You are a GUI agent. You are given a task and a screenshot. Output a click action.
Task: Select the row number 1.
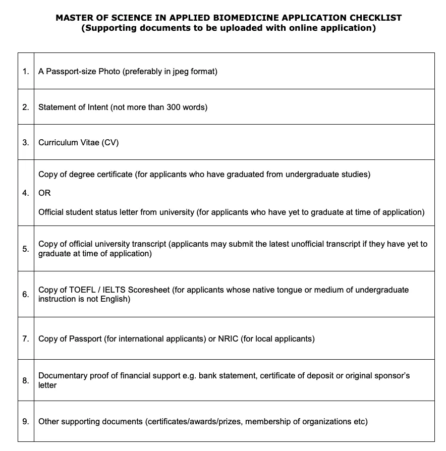coord(25,71)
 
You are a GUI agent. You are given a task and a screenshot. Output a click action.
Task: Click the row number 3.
coord(25,142)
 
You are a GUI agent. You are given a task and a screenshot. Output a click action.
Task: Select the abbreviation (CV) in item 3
coord(110,142)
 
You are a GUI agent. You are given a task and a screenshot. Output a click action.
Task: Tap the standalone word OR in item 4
coord(44,193)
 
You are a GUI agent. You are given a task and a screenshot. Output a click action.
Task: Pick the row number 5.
coord(25,249)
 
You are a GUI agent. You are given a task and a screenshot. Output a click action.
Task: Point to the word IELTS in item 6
coord(115,290)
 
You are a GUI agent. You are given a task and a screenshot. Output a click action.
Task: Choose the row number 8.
coord(25,380)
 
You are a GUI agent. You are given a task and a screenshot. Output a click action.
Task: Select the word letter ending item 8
coord(47,385)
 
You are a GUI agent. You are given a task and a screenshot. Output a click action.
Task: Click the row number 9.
coord(25,421)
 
